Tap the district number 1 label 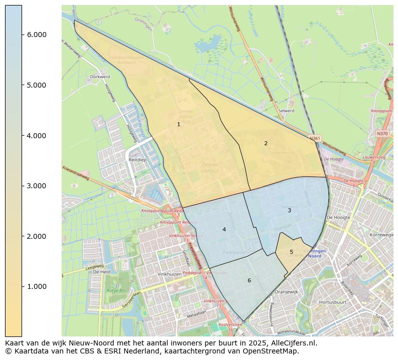click(x=178, y=124)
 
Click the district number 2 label click(x=266, y=143)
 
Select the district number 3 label click(x=289, y=210)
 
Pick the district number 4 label click(x=224, y=229)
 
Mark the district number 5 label click(x=291, y=252)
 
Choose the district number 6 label click(x=249, y=280)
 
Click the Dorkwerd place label click(x=99, y=77)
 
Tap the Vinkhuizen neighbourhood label click(x=168, y=274)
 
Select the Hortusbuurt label click(x=333, y=302)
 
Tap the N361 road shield click(x=315, y=138)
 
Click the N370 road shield click(x=382, y=134)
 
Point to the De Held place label click(x=101, y=272)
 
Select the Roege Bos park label click(x=116, y=290)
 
